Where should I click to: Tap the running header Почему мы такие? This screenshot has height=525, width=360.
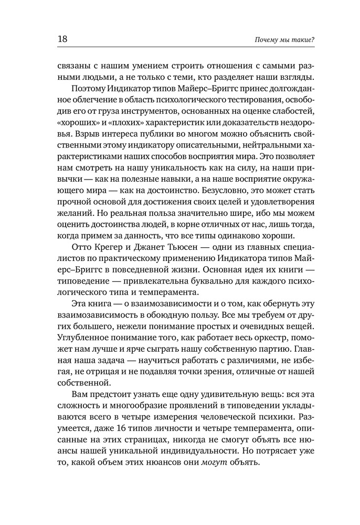[284, 40]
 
